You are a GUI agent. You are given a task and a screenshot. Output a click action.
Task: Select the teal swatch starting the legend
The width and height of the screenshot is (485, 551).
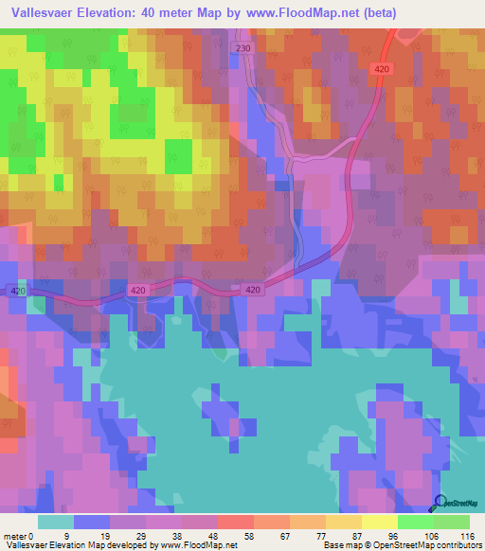(56, 522)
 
